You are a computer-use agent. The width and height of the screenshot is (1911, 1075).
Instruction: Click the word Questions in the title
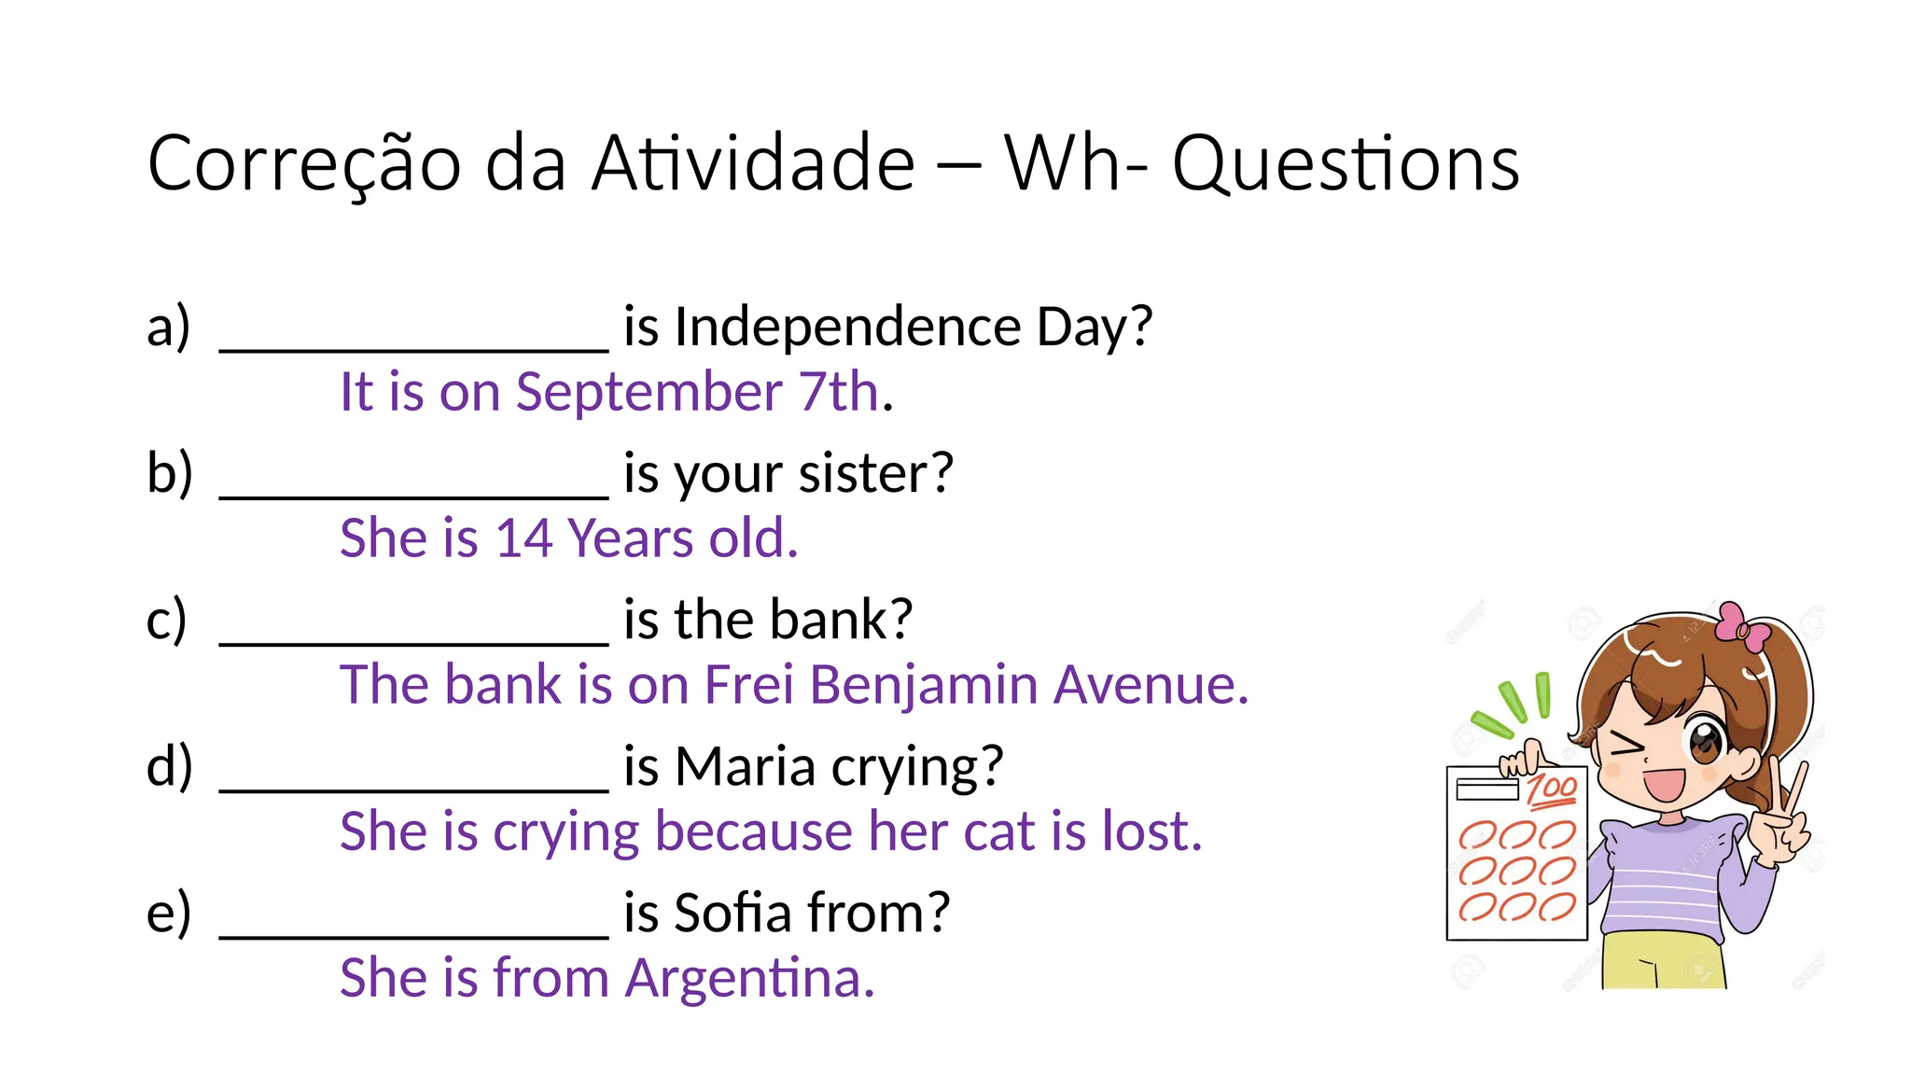[1346, 164]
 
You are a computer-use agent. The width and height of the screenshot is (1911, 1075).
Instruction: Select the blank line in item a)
[413, 347]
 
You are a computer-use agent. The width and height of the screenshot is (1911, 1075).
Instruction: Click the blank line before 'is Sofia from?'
[413, 933]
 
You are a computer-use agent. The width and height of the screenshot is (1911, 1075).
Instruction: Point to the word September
[649, 391]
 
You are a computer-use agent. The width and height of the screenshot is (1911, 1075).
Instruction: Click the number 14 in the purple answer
[523, 538]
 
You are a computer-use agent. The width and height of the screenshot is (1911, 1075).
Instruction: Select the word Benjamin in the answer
[923, 685]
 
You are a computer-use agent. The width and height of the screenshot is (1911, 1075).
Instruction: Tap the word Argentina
[749, 978]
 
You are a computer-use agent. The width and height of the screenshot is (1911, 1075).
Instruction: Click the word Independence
[847, 327]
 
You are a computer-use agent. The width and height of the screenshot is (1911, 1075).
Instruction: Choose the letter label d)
[169, 767]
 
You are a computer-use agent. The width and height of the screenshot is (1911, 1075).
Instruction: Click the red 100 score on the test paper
[1552, 789]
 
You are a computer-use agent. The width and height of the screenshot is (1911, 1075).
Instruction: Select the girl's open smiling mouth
[1664, 782]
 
